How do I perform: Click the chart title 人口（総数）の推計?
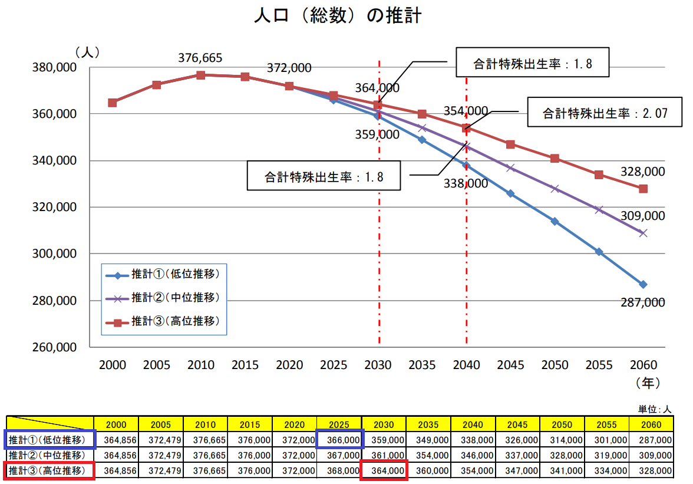[338, 16]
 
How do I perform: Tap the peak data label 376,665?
[200, 58]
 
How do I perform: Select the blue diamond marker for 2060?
[643, 284]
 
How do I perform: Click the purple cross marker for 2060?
[643, 233]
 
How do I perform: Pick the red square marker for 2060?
[643, 189]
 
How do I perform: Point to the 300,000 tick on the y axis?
[55, 254]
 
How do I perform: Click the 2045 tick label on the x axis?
[510, 365]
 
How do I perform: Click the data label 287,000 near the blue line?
[642, 302]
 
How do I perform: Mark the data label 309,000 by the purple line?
[642, 216]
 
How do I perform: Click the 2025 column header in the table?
[339, 424]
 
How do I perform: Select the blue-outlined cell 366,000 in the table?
[339, 440]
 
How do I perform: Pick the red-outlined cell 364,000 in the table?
[384, 471]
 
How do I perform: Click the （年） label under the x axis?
[648, 383]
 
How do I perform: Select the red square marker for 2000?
[113, 103]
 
